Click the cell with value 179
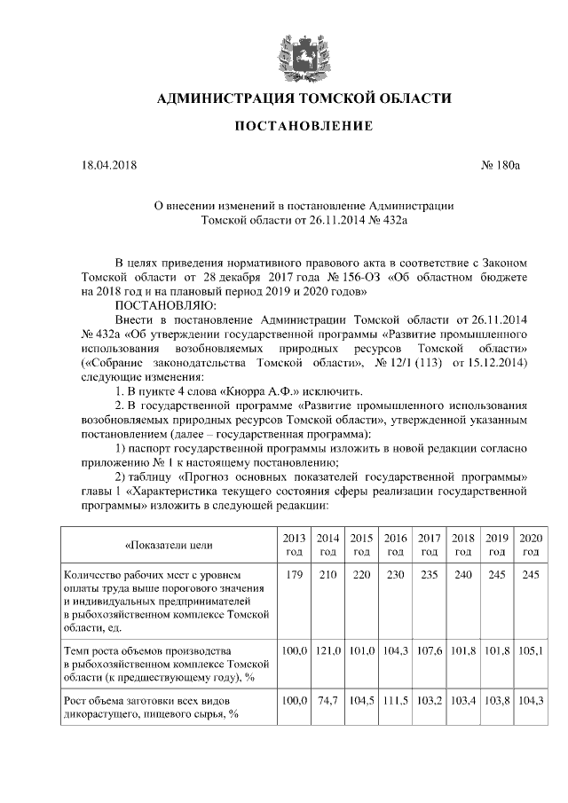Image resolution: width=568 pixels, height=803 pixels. tap(294, 575)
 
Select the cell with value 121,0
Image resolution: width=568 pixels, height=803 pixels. tap(327, 650)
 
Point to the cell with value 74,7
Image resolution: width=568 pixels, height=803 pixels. tap(327, 700)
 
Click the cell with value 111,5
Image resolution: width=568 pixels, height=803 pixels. tap(395, 700)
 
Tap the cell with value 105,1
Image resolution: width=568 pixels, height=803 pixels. tap(531, 650)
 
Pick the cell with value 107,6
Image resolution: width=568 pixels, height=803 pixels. tap(430, 650)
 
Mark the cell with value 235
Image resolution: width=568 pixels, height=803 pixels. tap(430, 575)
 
